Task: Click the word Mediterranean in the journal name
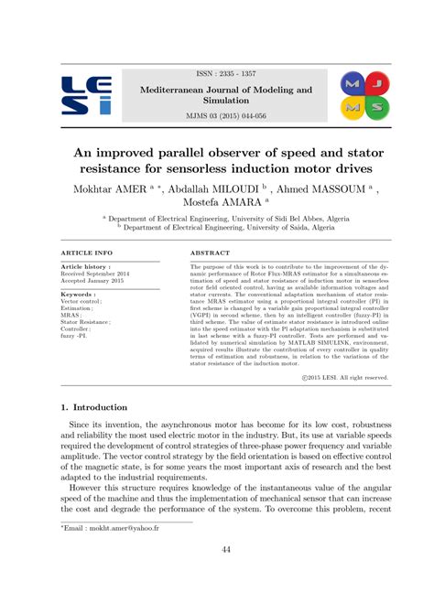click(x=179, y=89)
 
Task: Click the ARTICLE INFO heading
click(x=86, y=252)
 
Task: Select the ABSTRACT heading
click(x=210, y=252)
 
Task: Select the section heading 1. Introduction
click(x=94, y=407)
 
